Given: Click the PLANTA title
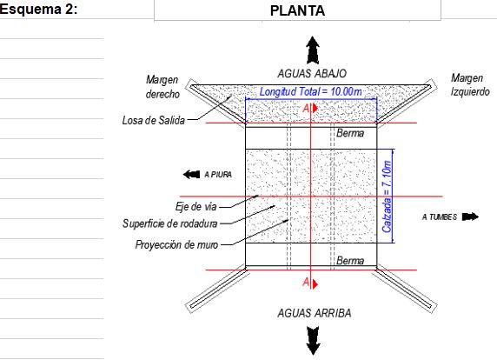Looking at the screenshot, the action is (297, 10).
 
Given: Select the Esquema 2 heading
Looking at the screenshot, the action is (38, 9).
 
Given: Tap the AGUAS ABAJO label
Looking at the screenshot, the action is (312, 74).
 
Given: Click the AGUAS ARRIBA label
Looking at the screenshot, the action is (315, 313).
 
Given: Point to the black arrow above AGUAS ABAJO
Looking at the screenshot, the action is (313, 50).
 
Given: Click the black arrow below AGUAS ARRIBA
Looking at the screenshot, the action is (313, 341).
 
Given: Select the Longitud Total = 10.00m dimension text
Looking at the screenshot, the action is (311, 91).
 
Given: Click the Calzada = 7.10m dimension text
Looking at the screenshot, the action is (387, 197).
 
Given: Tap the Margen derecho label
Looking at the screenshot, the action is (162, 87).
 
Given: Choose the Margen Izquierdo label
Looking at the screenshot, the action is (470, 84).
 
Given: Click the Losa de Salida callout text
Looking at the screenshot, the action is (154, 121).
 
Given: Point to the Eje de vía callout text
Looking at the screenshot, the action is (195, 207).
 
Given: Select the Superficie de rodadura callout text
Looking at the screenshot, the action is (170, 223).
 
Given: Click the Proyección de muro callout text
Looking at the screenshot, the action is (176, 244).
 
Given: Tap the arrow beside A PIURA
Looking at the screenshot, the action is (191, 174).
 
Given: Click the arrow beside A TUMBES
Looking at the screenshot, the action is (470, 217).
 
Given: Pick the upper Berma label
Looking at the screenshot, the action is (350, 133).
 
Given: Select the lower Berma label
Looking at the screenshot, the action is (350, 261).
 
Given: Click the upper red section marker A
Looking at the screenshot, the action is (309, 109).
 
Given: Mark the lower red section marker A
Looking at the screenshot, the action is (309, 283).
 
